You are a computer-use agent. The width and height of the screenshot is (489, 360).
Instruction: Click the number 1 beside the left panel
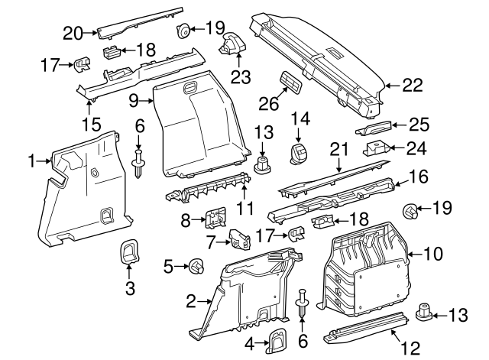coord(32,161)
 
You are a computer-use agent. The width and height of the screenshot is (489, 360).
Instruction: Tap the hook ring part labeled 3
coord(129,253)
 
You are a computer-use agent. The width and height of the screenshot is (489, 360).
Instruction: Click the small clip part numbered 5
coord(196,267)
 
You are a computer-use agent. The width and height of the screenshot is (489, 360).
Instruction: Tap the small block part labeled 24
coord(374,148)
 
